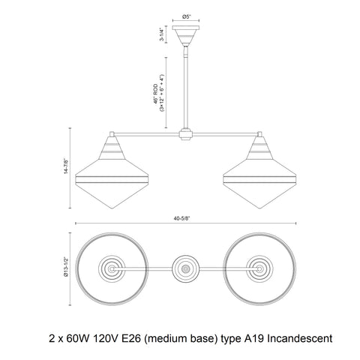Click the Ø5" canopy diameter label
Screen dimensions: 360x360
click(x=186, y=16)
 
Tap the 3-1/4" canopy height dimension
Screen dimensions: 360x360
click(x=162, y=34)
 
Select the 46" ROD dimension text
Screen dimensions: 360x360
click(x=156, y=94)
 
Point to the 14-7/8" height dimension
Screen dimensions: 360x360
click(x=66, y=166)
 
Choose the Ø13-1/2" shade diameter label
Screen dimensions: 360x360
click(x=66, y=266)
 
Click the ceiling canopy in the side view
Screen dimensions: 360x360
click(x=186, y=35)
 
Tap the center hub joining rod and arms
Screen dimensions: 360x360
click(x=186, y=134)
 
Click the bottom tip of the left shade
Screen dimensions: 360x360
click(x=112, y=208)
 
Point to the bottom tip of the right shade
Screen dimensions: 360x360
click(x=259, y=208)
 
